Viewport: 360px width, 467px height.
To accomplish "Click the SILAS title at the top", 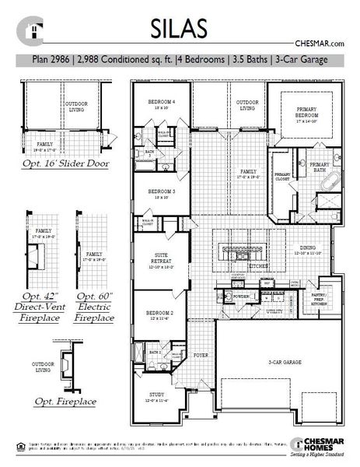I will point(180,28).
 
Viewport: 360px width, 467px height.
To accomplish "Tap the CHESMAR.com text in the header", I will point(320,45).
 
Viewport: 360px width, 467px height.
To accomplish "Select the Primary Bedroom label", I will point(300,115).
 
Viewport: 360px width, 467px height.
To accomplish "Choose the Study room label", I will point(156,398).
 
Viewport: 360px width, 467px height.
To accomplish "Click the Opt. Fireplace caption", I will point(65,402).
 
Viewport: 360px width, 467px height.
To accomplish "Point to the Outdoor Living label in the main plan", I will point(246,105).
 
